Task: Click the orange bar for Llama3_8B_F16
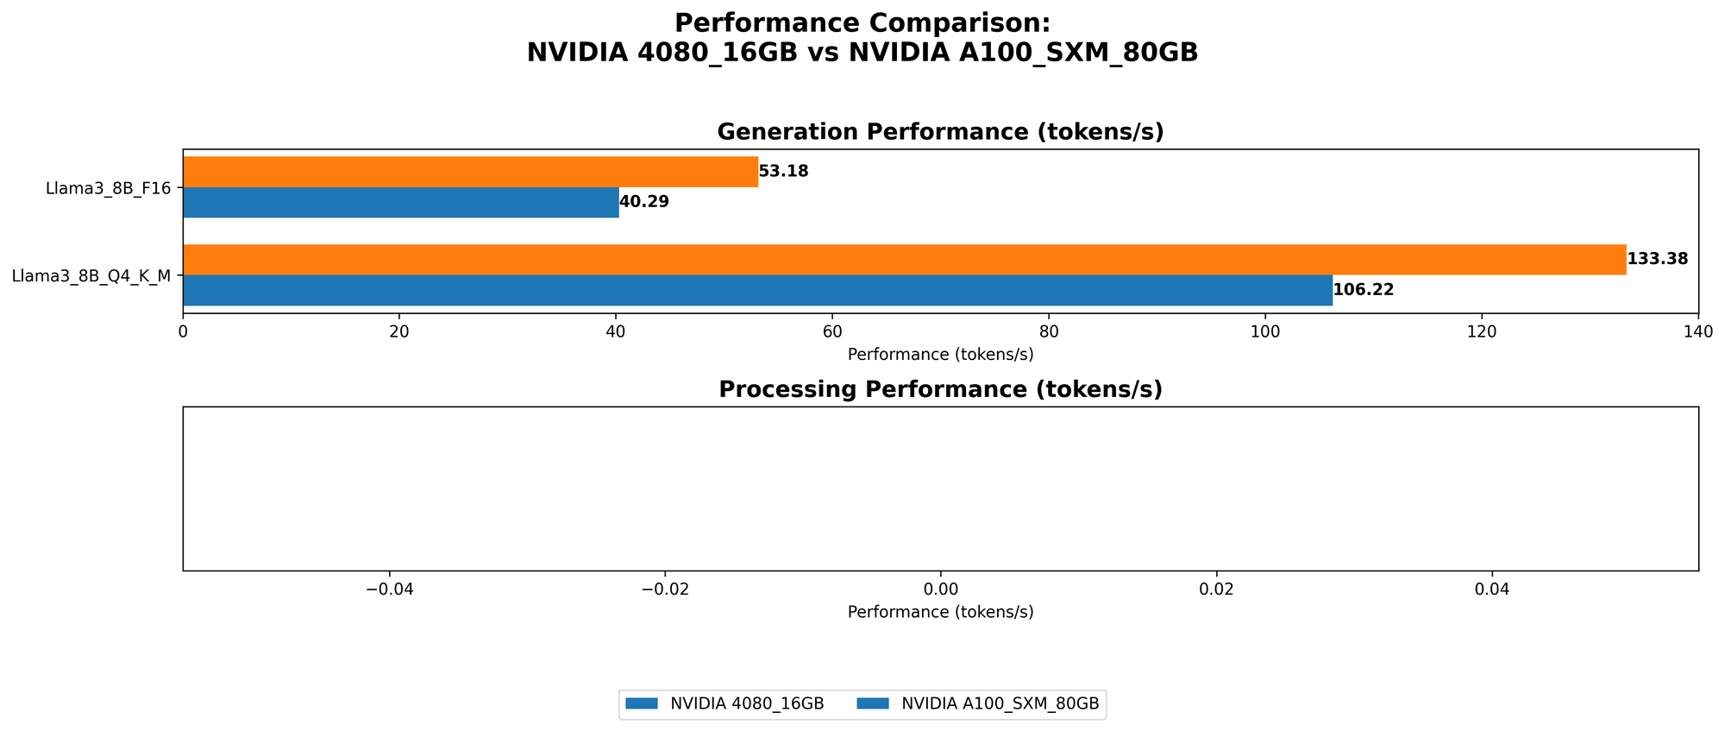[470, 172]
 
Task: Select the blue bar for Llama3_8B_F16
[400, 202]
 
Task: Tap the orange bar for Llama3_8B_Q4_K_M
[904, 260]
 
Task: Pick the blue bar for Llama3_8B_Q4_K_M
[757, 290]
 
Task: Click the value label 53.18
[783, 172]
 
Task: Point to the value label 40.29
[643, 202]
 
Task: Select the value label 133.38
[1656, 259]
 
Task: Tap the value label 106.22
[1363, 290]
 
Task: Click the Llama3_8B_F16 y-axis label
[108, 187]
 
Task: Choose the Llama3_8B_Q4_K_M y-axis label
[91, 276]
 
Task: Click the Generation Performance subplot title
[940, 132]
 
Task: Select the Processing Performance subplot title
[940, 390]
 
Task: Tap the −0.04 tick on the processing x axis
[389, 589]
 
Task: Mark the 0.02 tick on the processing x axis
[1216, 589]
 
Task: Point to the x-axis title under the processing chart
[940, 612]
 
